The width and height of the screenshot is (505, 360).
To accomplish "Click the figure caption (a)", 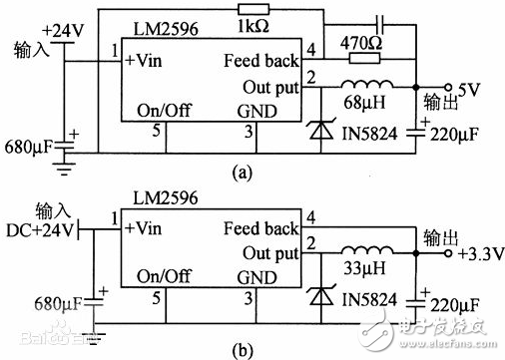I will point(243,172).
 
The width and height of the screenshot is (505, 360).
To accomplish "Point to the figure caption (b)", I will point(243,346).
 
